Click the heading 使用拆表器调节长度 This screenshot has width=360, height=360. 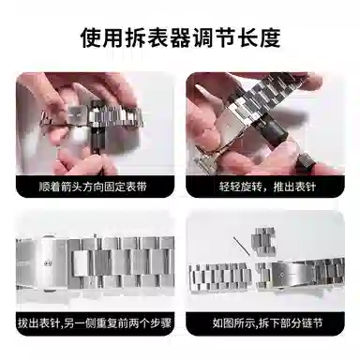(x=180, y=37)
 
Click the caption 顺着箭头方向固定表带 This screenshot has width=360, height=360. (x=93, y=187)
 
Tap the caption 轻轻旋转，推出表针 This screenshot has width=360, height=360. (x=267, y=187)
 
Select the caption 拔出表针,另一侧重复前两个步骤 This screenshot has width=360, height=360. (x=95, y=322)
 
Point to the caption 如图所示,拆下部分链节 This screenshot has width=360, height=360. (x=267, y=322)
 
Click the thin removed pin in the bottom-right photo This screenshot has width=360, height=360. (x=241, y=247)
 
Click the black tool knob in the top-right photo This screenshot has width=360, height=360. (x=275, y=130)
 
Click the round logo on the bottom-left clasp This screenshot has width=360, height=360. (x=49, y=262)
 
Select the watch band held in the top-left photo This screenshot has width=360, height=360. (x=93, y=117)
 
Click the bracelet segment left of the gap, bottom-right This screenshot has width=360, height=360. (x=220, y=276)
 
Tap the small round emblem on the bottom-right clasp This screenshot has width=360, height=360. (x=282, y=275)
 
